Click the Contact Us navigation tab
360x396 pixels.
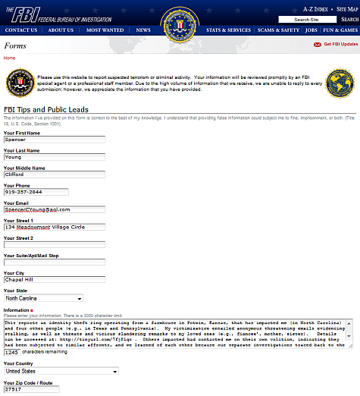pos(20,30)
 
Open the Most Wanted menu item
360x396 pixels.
pos(105,30)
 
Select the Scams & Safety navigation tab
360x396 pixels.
pos(277,30)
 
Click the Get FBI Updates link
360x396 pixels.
pos(340,45)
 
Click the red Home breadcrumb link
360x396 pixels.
pos(9,58)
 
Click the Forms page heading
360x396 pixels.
pos(15,46)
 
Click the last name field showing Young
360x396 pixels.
pos(53,157)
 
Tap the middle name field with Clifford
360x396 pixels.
pos(53,174)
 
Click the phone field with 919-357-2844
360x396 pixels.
pos(35,192)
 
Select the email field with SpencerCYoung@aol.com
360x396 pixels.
pos(53,209)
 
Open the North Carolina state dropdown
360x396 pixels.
pos(42,298)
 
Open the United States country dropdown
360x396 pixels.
pos(61,372)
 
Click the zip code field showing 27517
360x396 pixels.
pos(30,389)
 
